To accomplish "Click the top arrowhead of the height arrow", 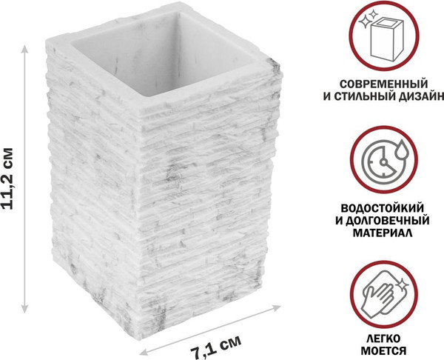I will click(x=27, y=46).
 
